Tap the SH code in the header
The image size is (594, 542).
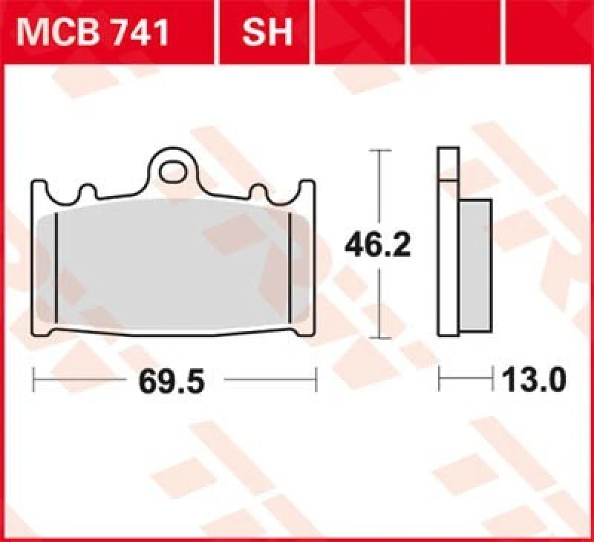[266, 32]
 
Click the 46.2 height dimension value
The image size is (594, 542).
[376, 244]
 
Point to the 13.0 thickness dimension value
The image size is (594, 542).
[532, 381]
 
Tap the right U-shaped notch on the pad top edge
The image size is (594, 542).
[261, 193]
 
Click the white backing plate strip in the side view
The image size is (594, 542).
[448, 245]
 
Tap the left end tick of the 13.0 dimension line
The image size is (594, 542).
[440, 381]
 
